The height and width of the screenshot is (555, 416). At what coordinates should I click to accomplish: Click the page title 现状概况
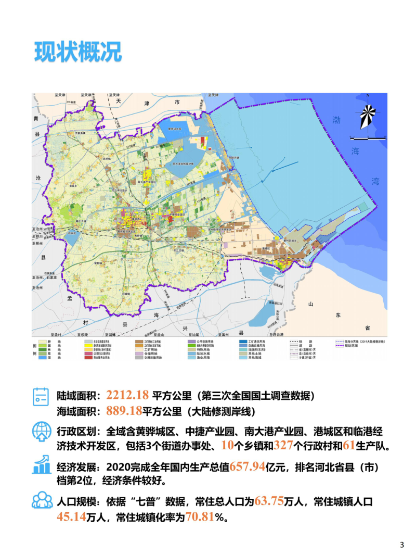(77, 52)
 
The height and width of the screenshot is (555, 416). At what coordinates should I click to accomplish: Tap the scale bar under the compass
(367, 138)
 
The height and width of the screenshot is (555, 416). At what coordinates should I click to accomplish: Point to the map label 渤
(337, 120)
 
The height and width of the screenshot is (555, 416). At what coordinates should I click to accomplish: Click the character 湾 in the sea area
(375, 181)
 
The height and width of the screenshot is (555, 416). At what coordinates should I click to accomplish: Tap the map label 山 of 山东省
(311, 304)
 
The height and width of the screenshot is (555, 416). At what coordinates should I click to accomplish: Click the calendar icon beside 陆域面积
(41, 396)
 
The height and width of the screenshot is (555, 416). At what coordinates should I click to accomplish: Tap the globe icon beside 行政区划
(41, 431)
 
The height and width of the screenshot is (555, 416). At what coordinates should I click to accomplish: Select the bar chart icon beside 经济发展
(41, 465)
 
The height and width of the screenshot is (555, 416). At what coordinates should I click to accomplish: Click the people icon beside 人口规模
(41, 500)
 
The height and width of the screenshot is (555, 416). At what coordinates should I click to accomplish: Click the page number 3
(401, 545)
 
